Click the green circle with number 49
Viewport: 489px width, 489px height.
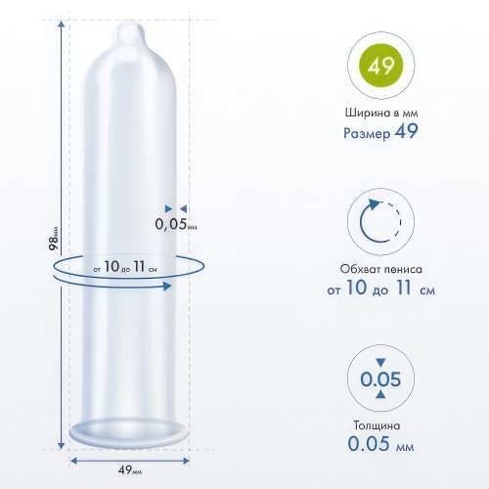pos(380,66)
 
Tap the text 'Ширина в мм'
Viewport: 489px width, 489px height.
pos(381,112)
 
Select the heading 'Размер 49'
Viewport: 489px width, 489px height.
pos(380,132)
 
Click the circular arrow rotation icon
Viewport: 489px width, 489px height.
pos(380,221)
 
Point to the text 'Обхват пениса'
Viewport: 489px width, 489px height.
pos(381,269)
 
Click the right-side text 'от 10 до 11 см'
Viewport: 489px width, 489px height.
pos(381,289)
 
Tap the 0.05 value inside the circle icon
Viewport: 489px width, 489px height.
pos(380,378)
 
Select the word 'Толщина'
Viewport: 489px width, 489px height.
pos(377,425)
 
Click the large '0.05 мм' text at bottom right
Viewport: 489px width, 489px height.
pos(380,444)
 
